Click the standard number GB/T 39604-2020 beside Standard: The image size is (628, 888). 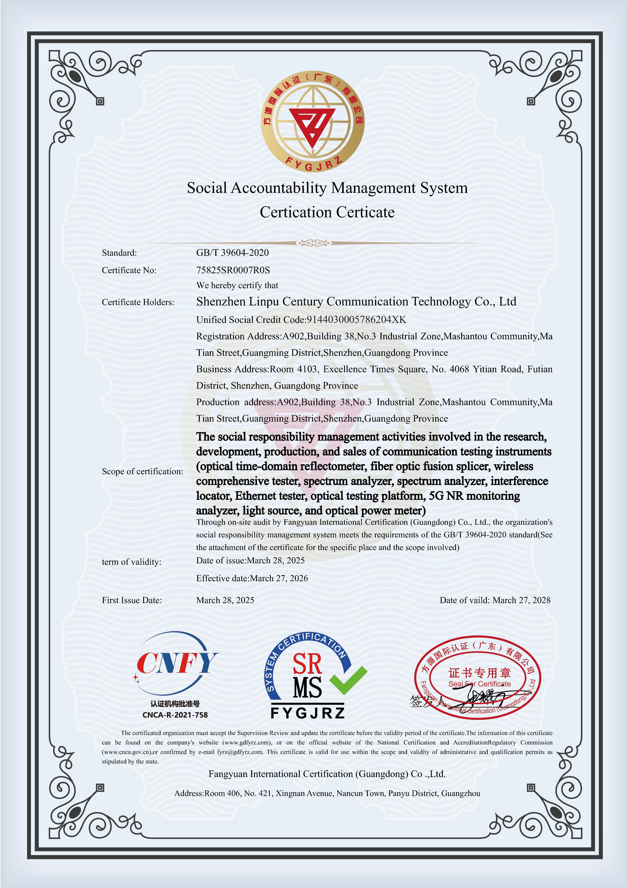tap(232, 253)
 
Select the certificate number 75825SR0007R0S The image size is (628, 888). tap(233, 270)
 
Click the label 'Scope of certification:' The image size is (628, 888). tap(142, 471)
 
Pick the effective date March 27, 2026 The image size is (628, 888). tap(279, 578)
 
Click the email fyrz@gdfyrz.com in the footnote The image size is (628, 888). tap(240, 752)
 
